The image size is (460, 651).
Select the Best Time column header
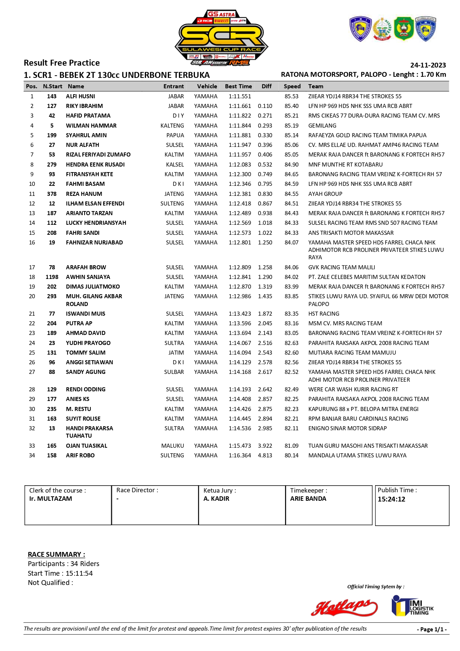[x=238, y=86]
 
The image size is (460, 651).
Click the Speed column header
[x=292, y=86]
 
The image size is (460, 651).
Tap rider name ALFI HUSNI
[x=80, y=96]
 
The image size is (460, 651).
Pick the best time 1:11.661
[x=239, y=106]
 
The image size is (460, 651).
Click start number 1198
[x=52, y=277]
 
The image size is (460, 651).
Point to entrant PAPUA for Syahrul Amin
[x=175, y=135]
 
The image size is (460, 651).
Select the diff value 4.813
[x=265, y=456]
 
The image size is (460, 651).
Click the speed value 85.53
[x=291, y=96]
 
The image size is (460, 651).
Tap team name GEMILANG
[x=322, y=126]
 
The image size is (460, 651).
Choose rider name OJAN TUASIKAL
[x=86, y=446]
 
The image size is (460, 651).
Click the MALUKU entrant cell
[x=172, y=446]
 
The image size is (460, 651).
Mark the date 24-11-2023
[x=428, y=65]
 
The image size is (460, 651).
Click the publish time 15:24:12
[x=391, y=499]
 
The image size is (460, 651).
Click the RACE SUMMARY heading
[x=56, y=555]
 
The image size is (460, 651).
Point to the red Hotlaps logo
[x=344, y=607]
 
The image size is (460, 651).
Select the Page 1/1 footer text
[x=432, y=629]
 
